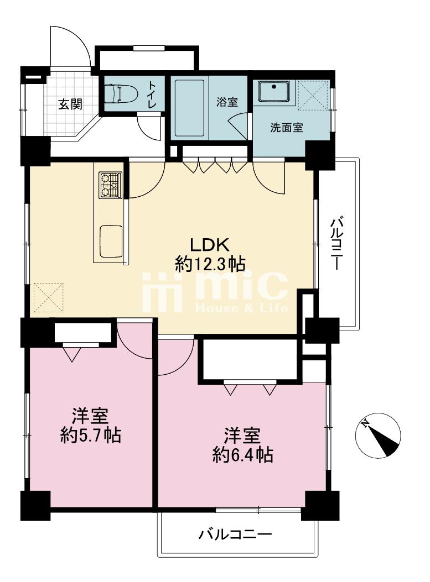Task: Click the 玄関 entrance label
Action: pyautogui.click(x=70, y=104)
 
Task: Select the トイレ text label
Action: pyautogui.click(x=152, y=95)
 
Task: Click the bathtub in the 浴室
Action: pyautogui.click(x=189, y=108)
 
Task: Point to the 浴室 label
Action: pyautogui.click(x=227, y=102)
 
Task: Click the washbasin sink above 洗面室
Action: pyautogui.click(x=274, y=91)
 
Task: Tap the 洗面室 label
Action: pyautogui.click(x=287, y=128)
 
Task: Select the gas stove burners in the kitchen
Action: pyautogui.click(x=110, y=185)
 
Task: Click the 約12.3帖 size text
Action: pyautogui.click(x=210, y=264)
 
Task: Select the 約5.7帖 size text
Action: pyautogui.click(x=91, y=435)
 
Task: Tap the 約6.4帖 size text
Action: pyautogui.click(x=242, y=455)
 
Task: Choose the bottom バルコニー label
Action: pyautogui.click(x=235, y=535)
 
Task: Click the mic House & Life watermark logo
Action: pyautogui.click(x=215, y=292)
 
